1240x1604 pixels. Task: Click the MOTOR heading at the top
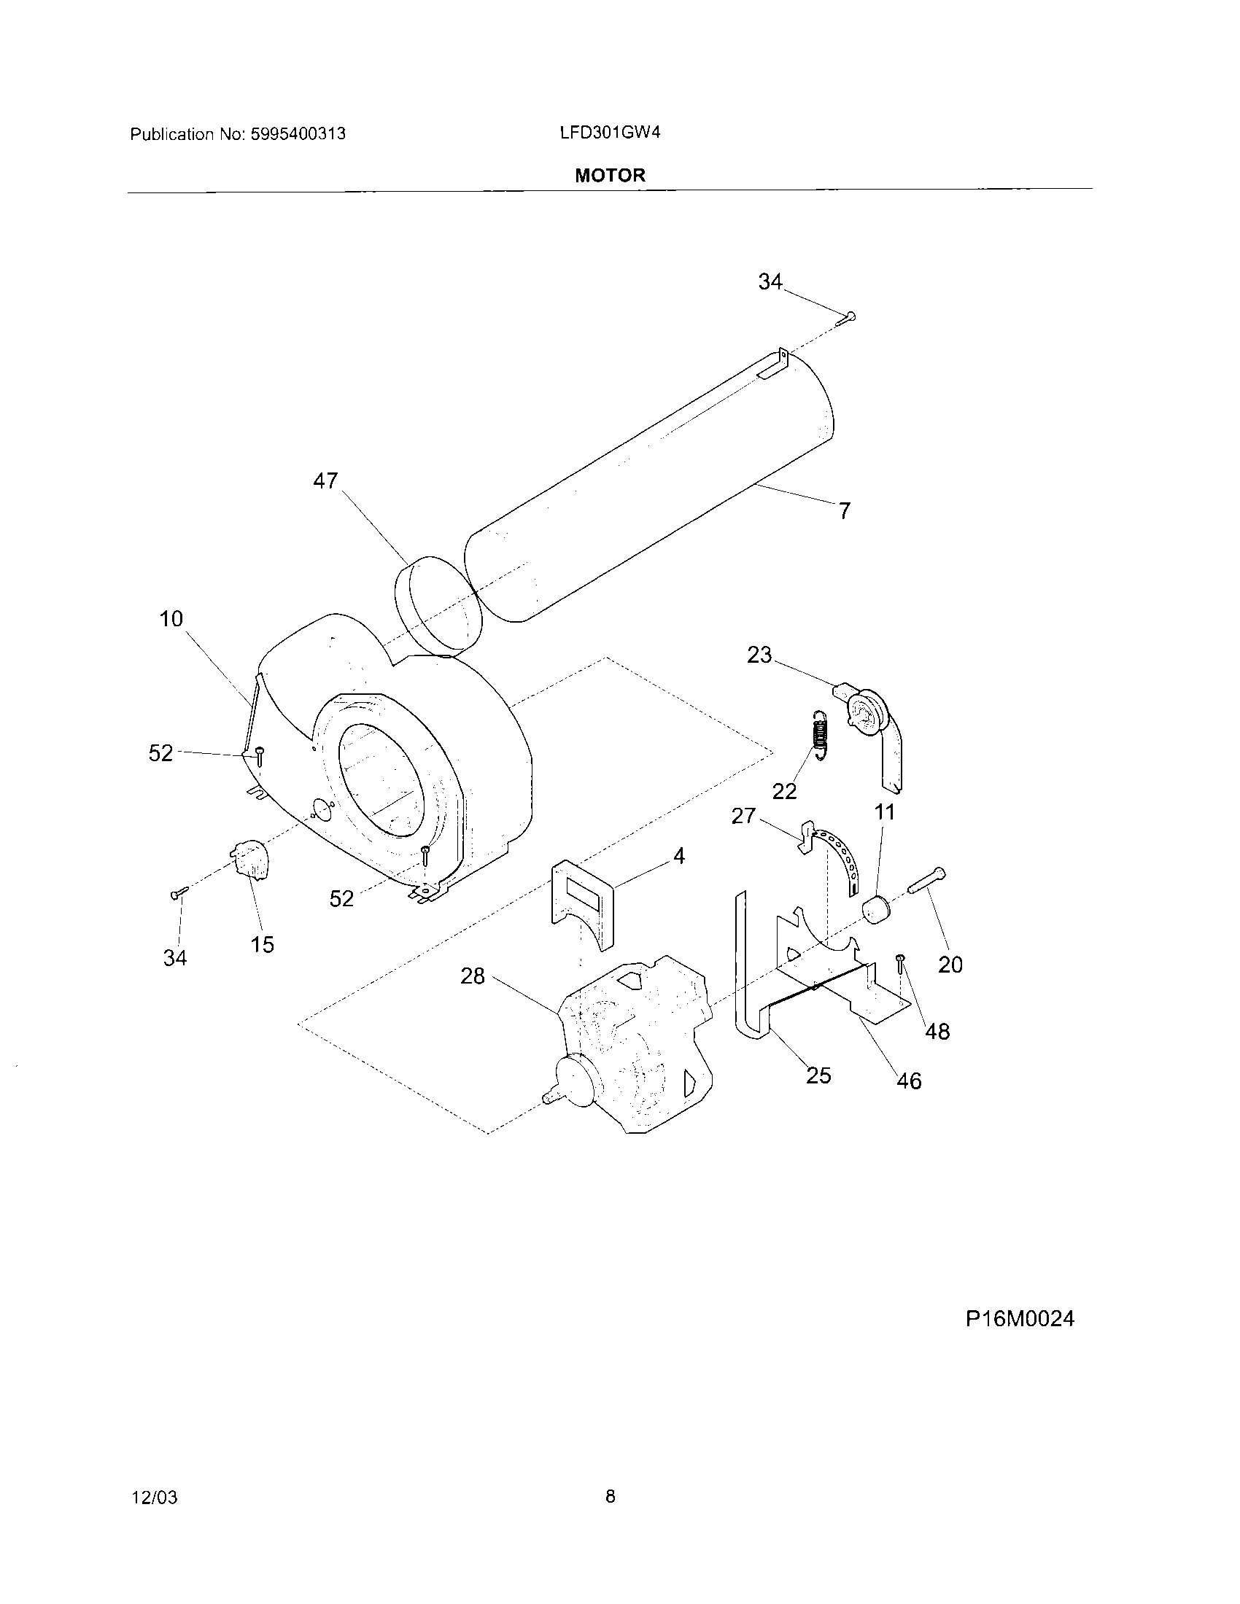[610, 176]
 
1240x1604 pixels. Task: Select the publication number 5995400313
[298, 134]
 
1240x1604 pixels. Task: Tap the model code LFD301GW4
[610, 133]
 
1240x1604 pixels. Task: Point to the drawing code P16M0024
[1020, 1318]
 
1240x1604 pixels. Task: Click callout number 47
[325, 481]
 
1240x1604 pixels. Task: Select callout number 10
[171, 619]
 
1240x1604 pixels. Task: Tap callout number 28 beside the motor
[473, 976]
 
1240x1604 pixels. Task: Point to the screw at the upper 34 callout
[847, 318]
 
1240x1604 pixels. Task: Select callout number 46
[909, 1081]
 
